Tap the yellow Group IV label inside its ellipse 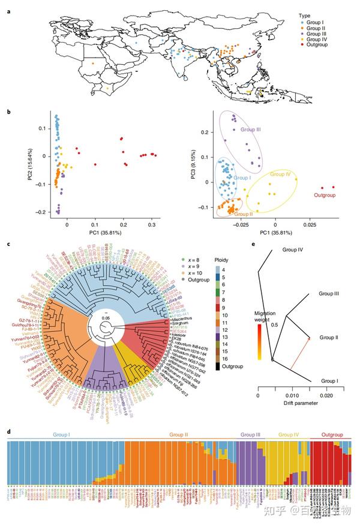[280, 174]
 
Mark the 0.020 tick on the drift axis [326, 396]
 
